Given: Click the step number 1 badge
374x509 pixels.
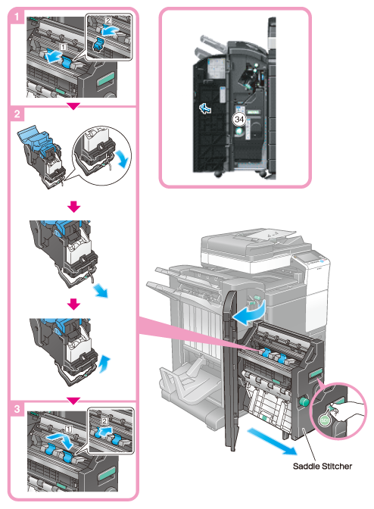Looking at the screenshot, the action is pyautogui.click(x=16, y=17).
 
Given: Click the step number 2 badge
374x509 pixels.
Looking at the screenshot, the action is pyautogui.click(x=17, y=114).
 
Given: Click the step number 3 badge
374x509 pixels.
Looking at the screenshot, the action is pyautogui.click(x=17, y=409).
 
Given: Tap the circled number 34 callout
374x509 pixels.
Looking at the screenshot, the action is pyautogui.click(x=239, y=119).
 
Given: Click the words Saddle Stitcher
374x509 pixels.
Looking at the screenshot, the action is pyautogui.click(x=322, y=466).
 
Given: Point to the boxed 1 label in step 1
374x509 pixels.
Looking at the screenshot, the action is pyautogui.click(x=64, y=47).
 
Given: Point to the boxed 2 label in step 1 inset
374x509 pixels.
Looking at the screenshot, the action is pyautogui.click(x=108, y=21).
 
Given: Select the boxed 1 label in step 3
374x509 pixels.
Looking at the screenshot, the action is pyautogui.click(x=68, y=429).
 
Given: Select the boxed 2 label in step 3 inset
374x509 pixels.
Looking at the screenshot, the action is pyautogui.click(x=104, y=421).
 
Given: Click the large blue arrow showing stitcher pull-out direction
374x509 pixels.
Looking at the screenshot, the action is pyautogui.click(x=272, y=442).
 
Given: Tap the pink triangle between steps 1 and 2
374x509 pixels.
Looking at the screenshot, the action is pyautogui.click(x=73, y=106).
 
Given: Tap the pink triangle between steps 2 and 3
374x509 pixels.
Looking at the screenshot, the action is pyautogui.click(x=73, y=401).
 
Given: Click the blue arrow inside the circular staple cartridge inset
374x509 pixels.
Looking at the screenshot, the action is pyautogui.click(x=123, y=158).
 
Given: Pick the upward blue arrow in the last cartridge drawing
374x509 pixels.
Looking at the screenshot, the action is pyautogui.click(x=104, y=364).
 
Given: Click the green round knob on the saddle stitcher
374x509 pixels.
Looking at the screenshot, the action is pyautogui.click(x=304, y=402).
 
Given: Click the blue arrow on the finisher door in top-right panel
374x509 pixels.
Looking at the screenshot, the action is pyautogui.click(x=205, y=108).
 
